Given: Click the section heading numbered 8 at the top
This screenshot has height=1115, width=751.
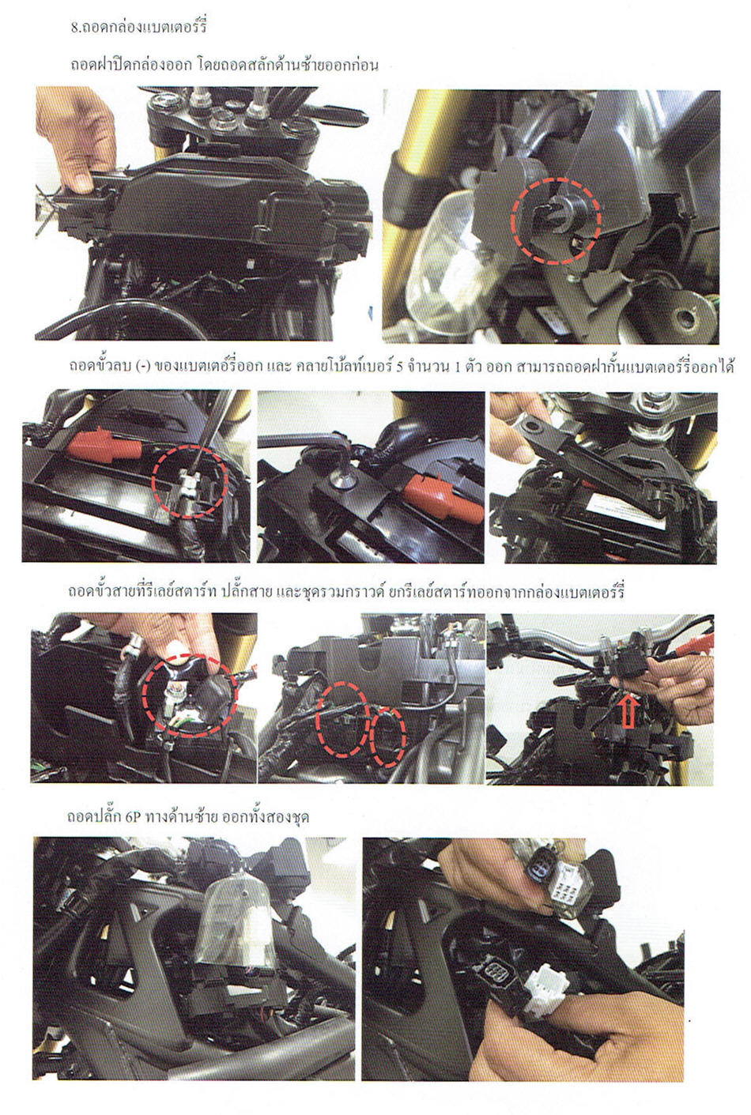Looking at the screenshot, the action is point(138,26).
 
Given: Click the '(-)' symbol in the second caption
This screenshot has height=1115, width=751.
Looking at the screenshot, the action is point(142,367).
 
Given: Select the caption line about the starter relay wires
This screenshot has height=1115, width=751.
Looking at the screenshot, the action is point(346,591).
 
